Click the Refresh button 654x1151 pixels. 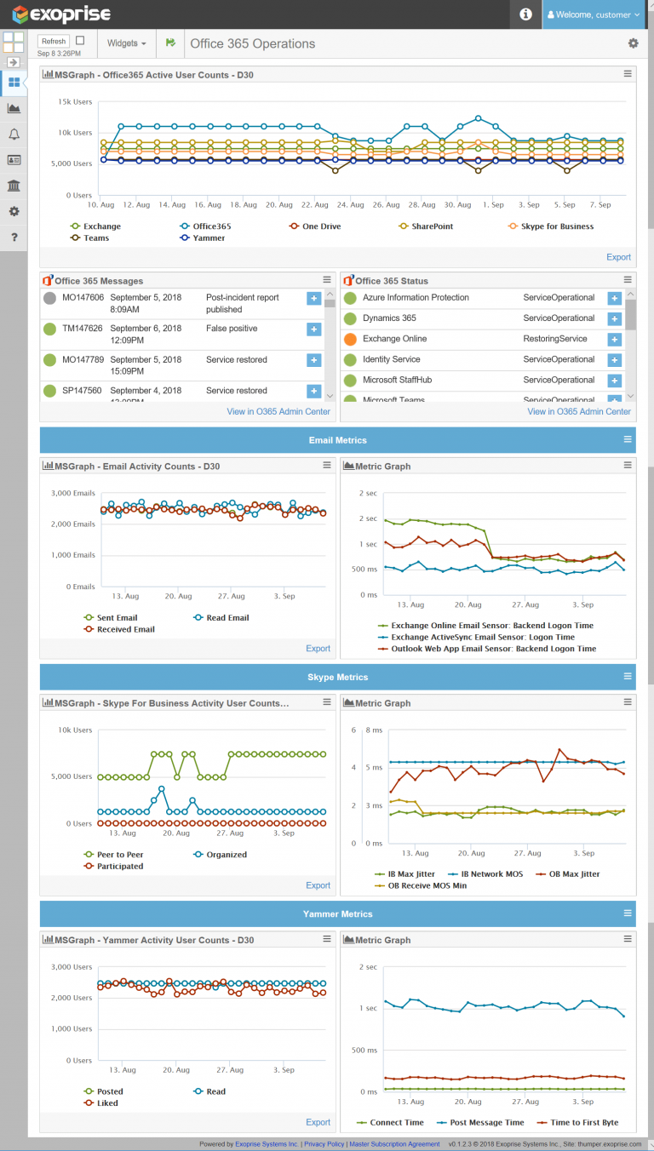(x=54, y=41)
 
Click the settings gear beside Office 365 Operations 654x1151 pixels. (x=633, y=43)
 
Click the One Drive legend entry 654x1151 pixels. (x=321, y=226)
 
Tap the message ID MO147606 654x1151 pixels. (x=83, y=298)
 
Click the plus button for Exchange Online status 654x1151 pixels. (x=614, y=340)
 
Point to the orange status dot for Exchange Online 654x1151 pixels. (x=349, y=340)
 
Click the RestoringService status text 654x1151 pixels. (x=554, y=339)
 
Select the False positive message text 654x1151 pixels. (x=232, y=329)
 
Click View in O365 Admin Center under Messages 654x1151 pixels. (x=278, y=412)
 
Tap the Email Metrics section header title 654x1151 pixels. (x=337, y=440)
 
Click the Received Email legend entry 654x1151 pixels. (x=125, y=629)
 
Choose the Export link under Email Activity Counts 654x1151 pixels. (x=318, y=649)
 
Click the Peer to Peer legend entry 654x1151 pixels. (x=119, y=855)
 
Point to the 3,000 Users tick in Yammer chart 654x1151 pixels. (x=72, y=967)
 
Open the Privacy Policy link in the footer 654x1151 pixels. (x=324, y=1144)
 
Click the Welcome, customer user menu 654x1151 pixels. (x=594, y=14)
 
